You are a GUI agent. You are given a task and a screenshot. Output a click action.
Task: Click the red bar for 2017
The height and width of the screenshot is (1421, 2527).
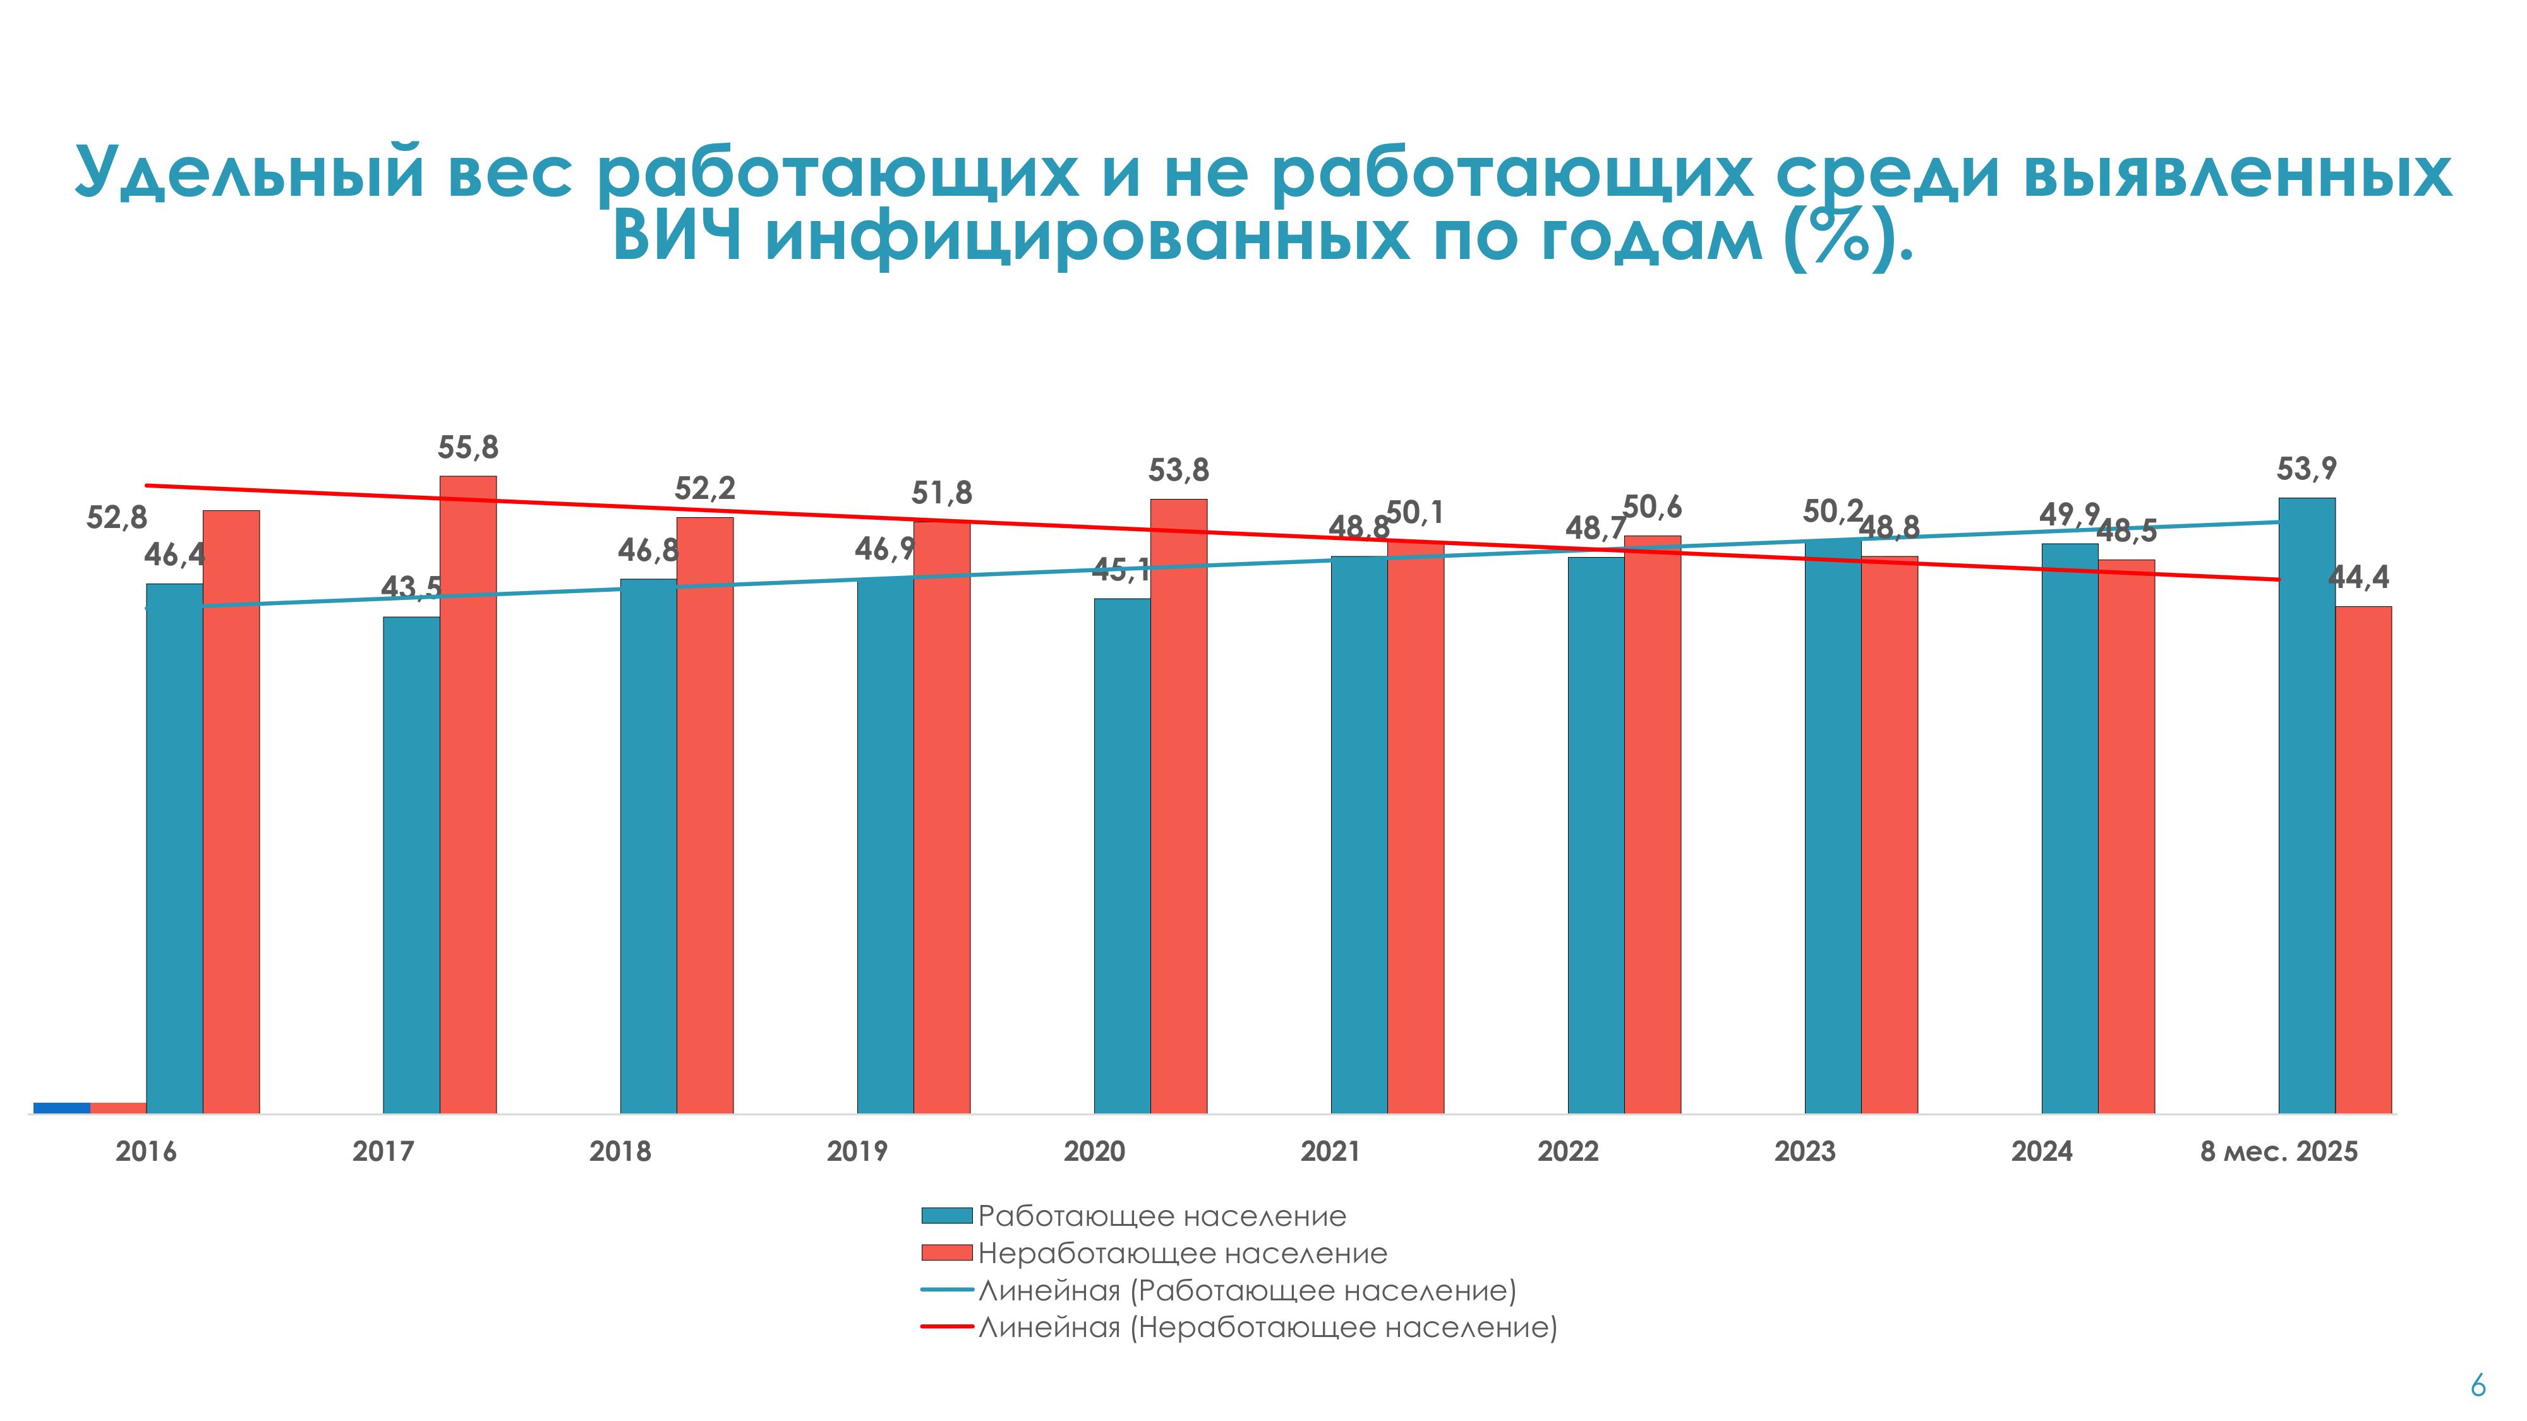468,794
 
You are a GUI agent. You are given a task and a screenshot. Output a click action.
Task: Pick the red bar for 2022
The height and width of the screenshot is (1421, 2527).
1652,824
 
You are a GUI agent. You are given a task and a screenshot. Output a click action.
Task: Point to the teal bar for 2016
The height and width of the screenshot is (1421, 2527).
174,848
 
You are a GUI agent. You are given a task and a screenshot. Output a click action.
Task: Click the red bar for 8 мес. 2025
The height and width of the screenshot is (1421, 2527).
2363,859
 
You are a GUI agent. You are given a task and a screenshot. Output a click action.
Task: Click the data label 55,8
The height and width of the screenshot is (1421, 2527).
468,448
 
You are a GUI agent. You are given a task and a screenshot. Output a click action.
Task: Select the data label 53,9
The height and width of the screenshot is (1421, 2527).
2307,470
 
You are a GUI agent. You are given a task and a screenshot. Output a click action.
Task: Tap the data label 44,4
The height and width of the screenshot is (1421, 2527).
2358,579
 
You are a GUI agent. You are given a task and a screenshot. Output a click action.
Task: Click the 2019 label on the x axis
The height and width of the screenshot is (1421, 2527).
857,1151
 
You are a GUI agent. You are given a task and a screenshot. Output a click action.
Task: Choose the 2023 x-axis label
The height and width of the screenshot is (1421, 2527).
1804,1151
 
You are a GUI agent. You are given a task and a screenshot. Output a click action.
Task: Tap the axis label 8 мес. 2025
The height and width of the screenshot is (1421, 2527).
2278,1151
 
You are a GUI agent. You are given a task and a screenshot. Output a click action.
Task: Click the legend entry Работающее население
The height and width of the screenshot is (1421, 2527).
1162,1216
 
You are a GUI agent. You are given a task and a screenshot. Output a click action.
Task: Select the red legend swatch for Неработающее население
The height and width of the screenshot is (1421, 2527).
946,1253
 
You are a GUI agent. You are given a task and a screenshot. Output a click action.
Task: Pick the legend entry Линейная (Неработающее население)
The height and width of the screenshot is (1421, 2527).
1267,1328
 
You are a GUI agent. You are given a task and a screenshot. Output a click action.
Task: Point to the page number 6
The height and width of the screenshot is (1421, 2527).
2478,1386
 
